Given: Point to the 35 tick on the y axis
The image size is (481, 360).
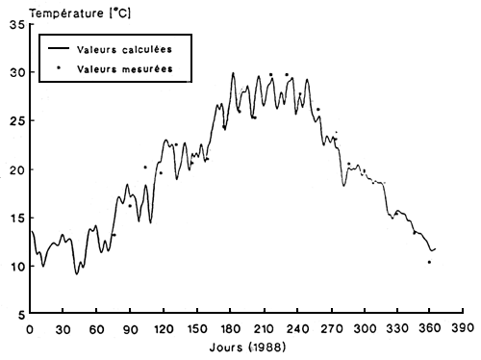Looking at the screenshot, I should point(16,24).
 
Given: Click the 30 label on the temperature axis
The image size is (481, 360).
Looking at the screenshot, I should point(16,73).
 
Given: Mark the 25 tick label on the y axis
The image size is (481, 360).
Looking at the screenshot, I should point(16,121).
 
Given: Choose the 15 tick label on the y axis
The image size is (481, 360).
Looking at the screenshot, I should point(16,219).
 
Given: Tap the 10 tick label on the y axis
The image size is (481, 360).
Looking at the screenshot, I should point(16,267).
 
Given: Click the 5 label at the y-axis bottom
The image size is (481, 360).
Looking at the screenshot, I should point(19,315).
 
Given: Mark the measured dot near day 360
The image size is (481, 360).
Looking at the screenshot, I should point(429,262).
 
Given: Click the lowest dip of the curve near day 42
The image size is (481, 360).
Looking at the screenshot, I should point(77,274).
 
